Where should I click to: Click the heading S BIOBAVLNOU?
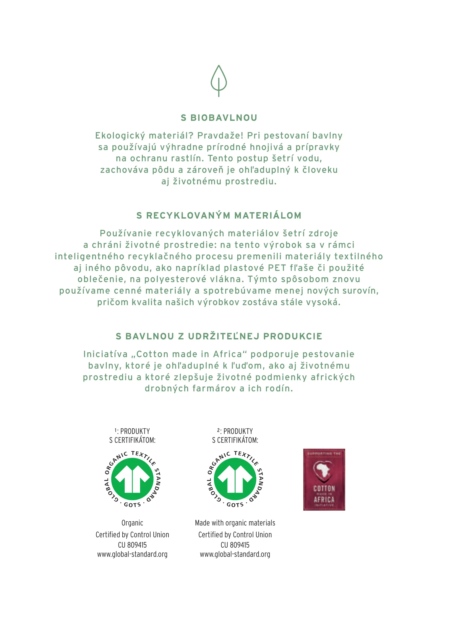(x=219, y=118)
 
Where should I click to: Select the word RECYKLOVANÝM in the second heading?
(x=188, y=216)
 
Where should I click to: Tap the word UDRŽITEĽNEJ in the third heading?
(x=224, y=336)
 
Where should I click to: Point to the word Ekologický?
(x=120, y=136)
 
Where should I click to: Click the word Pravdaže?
(x=220, y=136)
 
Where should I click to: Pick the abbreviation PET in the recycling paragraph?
(x=277, y=268)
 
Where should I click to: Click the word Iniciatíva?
(x=105, y=354)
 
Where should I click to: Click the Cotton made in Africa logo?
(x=324, y=480)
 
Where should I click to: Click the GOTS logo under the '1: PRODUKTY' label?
(x=132, y=479)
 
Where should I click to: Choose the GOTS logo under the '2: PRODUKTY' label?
(x=235, y=479)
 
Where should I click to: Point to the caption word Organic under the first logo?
(x=132, y=523)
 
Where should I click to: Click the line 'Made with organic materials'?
(x=235, y=523)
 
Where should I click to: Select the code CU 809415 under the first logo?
(x=132, y=545)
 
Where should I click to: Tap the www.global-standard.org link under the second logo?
(x=235, y=554)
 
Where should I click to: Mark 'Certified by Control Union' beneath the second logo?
(x=235, y=535)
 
